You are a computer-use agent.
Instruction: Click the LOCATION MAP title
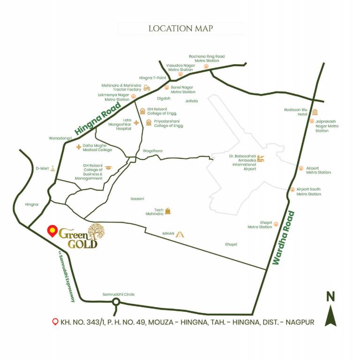point(180,29)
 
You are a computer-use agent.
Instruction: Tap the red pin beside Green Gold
point(53,231)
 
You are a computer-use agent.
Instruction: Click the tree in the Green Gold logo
point(97,231)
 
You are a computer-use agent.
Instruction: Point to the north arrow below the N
point(331,315)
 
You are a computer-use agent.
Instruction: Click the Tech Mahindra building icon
point(168,211)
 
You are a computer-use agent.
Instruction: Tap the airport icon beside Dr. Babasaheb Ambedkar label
point(261,159)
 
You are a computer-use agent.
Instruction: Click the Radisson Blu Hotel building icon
point(315,112)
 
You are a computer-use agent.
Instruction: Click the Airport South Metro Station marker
point(293,190)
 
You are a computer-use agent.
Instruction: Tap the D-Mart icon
point(53,168)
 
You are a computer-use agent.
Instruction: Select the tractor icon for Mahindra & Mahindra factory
point(147,88)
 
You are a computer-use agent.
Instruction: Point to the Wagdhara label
point(152,151)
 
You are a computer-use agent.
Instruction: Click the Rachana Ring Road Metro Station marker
point(206,67)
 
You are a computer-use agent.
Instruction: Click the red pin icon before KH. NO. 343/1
point(55,322)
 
